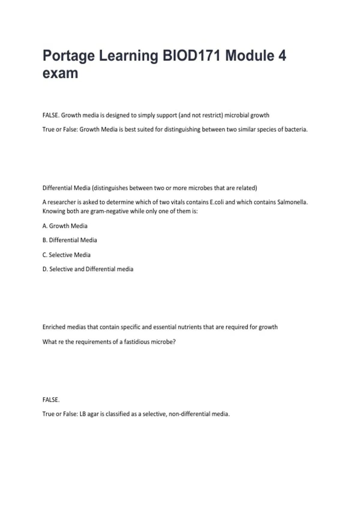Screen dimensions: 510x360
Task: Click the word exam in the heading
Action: coord(60,73)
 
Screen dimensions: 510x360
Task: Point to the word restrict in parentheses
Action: coord(212,115)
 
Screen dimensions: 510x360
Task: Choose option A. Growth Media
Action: coord(65,226)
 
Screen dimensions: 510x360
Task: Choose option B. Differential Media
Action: coord(70,240)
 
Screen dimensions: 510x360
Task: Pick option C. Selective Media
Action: coord(66,255)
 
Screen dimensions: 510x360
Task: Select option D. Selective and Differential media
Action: coord(88,269)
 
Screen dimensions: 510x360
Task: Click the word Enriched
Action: coord(53,327)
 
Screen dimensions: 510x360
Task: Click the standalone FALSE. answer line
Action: coord(51,400)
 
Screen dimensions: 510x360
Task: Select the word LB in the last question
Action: coord(82,414)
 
